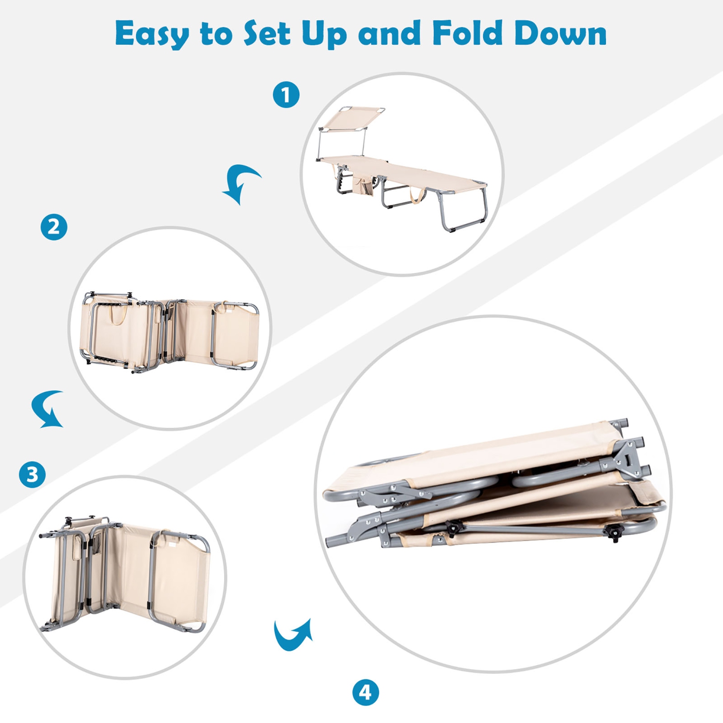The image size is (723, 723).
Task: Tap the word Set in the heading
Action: coord(268,33)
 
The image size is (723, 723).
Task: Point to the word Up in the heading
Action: coord(324,35)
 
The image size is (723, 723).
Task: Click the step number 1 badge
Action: coord(286,94)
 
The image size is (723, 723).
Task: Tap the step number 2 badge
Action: coord(54,227)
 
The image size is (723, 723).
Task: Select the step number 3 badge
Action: coord(32,474)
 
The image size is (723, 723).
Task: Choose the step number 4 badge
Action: coord(365,693)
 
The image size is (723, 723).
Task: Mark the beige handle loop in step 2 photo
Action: coord(118,314)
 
